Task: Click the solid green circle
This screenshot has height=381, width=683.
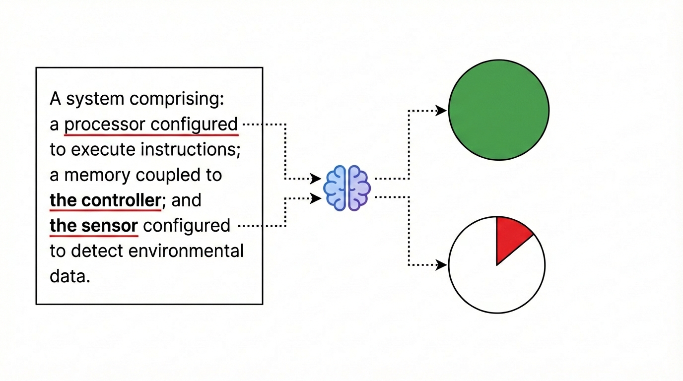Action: (498, 110)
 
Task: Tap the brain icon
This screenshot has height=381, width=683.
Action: (347, 188)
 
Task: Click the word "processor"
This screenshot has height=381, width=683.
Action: (105, 124)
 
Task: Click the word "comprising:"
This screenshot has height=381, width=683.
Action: (177, 99)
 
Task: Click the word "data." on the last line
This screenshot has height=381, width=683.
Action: (70, 276)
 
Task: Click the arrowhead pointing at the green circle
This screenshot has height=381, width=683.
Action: (441, 111)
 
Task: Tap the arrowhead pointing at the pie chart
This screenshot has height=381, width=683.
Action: (441, 265)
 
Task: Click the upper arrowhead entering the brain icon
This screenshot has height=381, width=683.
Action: (316, 178)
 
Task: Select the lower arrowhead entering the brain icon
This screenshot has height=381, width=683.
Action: (316, 198)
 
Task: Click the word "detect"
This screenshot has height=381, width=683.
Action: (97, 251)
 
